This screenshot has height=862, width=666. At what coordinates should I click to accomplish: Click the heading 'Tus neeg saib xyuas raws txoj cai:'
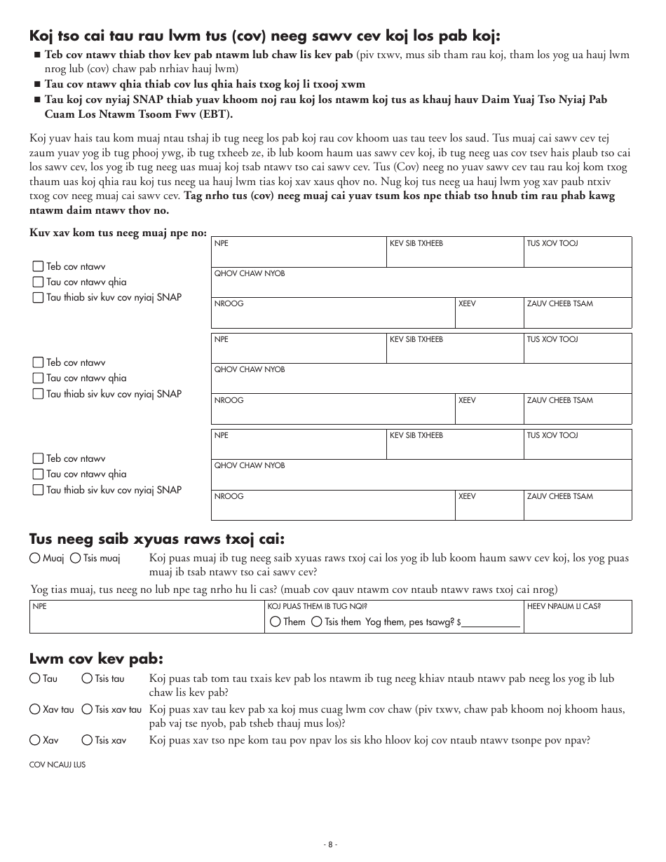(x=157, y=538)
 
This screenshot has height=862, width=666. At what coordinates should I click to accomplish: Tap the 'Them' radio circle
(x=275, y=622)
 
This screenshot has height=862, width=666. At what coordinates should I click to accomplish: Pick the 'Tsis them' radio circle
(x=317, y=622)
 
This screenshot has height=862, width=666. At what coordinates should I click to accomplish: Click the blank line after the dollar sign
(x=490, y=622)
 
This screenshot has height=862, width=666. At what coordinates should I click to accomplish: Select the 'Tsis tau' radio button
(x=86, y=678)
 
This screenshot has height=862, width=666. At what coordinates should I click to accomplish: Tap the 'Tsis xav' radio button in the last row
(x=86, y=740)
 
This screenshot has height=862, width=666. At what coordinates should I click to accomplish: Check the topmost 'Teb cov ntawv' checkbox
(x=38, y=266)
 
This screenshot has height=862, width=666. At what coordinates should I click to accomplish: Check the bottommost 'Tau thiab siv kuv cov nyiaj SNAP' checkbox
(x=38, y=490)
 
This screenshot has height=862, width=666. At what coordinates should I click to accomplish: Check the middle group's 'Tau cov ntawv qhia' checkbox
(x=38, y=378)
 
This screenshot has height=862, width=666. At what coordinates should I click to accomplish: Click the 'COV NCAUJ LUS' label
(x=57, y=765)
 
